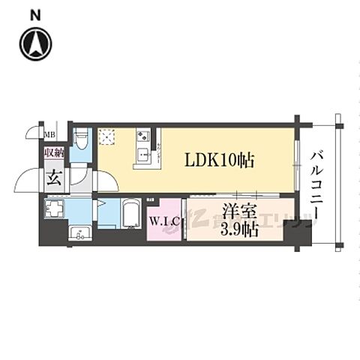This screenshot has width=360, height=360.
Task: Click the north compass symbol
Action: (35, 43)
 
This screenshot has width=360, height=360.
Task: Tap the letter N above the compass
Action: (35, 14)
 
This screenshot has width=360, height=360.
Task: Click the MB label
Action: (49, 135)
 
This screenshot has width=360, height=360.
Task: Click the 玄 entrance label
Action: (55, 178)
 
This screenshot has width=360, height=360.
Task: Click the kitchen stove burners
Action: (143, 136)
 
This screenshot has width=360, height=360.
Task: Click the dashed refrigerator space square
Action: (108, 136)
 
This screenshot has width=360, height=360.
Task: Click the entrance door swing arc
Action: (31, 180)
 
